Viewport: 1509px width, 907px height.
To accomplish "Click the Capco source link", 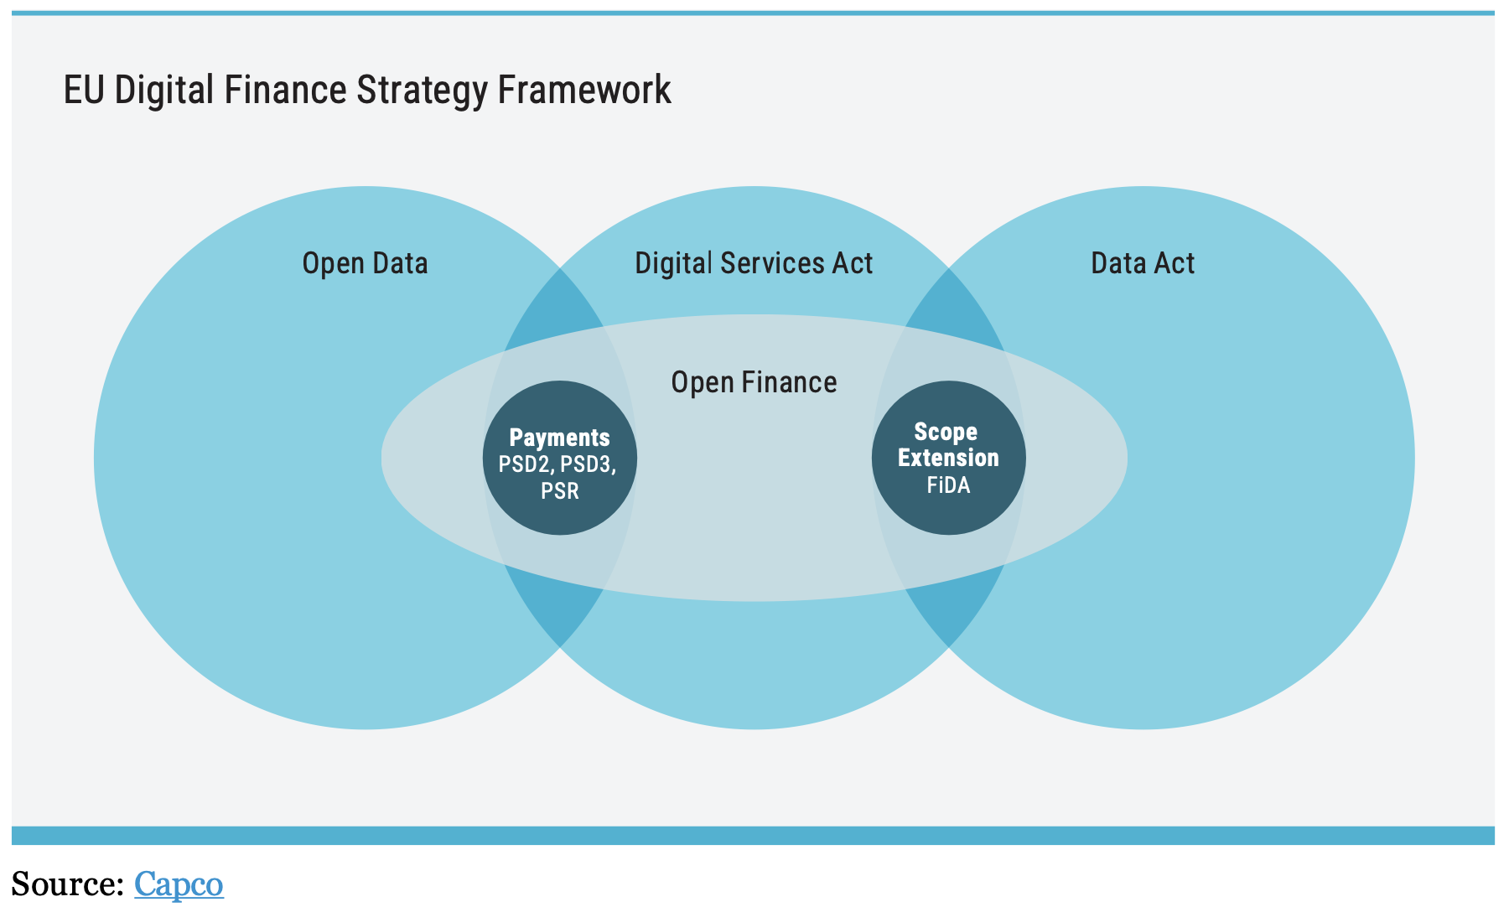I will click(179, 884).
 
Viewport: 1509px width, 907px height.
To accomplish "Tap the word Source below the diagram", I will click(67, 884).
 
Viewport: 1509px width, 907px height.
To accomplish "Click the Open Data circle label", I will click(365, 263).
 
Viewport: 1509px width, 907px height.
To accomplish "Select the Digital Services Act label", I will click(754, 263).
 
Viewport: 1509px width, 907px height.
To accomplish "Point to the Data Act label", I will click(1142, 263).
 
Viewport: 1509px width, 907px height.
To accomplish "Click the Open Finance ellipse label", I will click(754, 382).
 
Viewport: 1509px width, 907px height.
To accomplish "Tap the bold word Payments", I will click(559, 438).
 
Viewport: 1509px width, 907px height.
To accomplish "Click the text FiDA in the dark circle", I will click(948, 485).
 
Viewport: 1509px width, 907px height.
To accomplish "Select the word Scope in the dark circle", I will click(946, 432).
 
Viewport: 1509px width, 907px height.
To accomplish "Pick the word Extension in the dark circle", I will click(948, 458).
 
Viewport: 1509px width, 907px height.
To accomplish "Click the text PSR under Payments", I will click(559, 490).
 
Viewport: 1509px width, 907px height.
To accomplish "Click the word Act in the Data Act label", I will click(1175, 263).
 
